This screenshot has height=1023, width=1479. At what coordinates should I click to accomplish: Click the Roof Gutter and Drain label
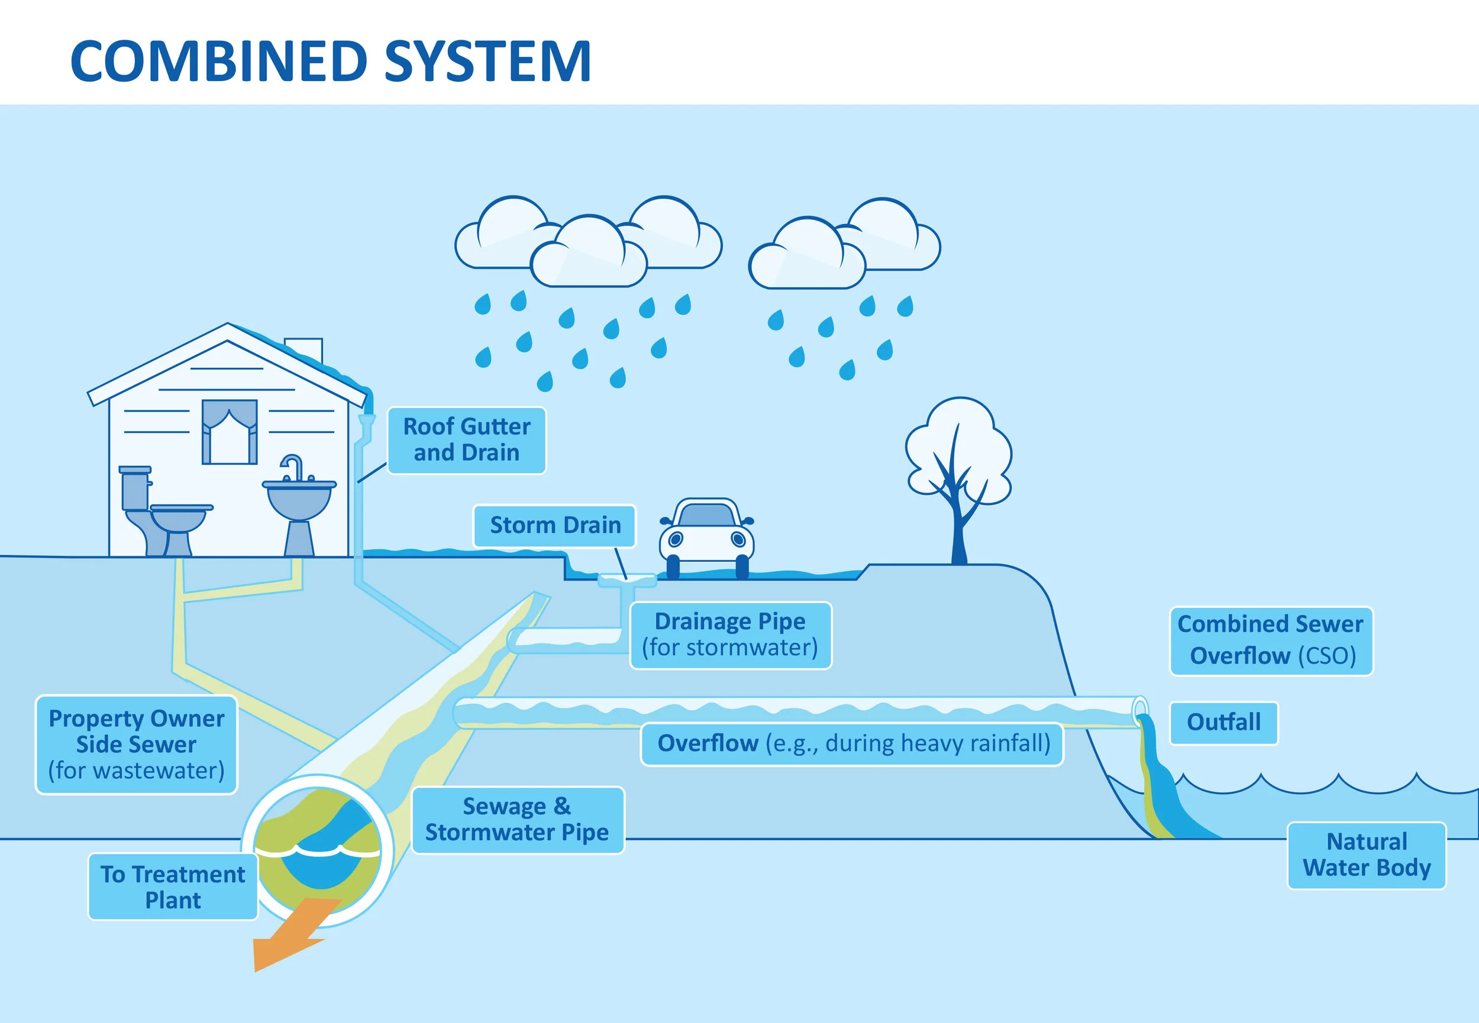pos(466,440)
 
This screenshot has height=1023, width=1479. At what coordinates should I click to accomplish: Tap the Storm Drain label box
pos(554,526)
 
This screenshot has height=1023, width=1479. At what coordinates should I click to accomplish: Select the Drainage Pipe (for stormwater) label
pos(730,634)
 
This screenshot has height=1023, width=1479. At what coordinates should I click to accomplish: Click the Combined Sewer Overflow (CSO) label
pos(1271,640)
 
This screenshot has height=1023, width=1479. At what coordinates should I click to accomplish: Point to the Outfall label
pos(1223,723)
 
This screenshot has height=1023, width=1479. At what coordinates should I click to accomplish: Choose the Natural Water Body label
pos(1366,854)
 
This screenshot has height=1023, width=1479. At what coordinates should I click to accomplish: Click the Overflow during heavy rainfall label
pos(852,743)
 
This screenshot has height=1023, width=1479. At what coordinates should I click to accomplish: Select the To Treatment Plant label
pos(173,886)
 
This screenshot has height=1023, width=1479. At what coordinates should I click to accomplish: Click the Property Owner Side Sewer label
pos(136,744)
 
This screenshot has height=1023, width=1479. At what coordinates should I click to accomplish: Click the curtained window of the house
pos(230,432)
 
